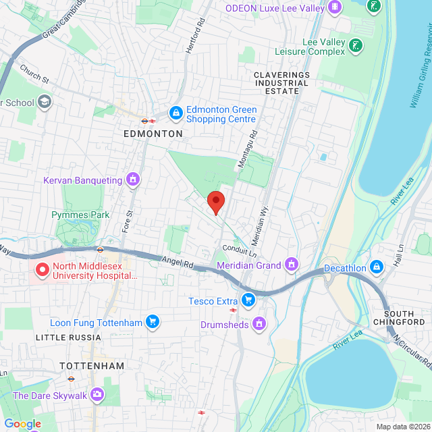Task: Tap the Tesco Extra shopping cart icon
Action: click(249, 299)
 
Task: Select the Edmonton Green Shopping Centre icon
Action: click(175, 112)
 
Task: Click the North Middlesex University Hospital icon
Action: click(42, 270)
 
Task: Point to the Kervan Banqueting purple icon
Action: click(133, 180)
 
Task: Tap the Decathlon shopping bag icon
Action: click(377, 268)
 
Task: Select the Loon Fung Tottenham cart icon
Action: click(153, 322)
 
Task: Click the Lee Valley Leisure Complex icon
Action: click(356, 46)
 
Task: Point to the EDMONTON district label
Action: click(153, 134)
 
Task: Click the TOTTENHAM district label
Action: click(92, 365)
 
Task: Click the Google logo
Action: click(22, 423)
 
